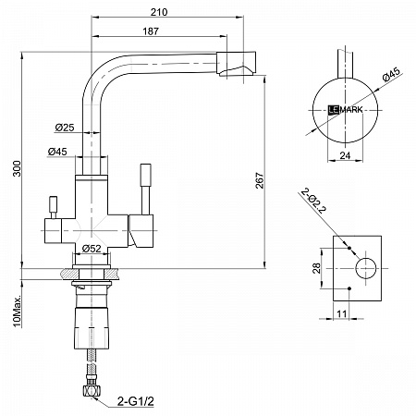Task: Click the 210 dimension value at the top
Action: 159,12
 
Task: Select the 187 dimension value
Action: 151,31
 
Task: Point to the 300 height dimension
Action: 17,168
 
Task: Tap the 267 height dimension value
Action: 260,180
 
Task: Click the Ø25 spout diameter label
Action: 65,127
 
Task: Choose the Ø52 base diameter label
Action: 92,248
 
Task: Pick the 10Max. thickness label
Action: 17,311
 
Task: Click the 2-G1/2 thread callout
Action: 136,401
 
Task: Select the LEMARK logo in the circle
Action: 345,110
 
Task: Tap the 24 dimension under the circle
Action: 345,155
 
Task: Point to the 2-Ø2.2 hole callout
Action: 313,201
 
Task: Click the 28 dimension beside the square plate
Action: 316,268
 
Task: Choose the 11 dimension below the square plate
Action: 341,314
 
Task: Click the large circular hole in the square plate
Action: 366,268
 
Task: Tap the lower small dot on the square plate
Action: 349,288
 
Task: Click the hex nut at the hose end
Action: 92,391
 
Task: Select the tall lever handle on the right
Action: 145,189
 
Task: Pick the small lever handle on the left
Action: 54,207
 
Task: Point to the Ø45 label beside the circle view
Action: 391,74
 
